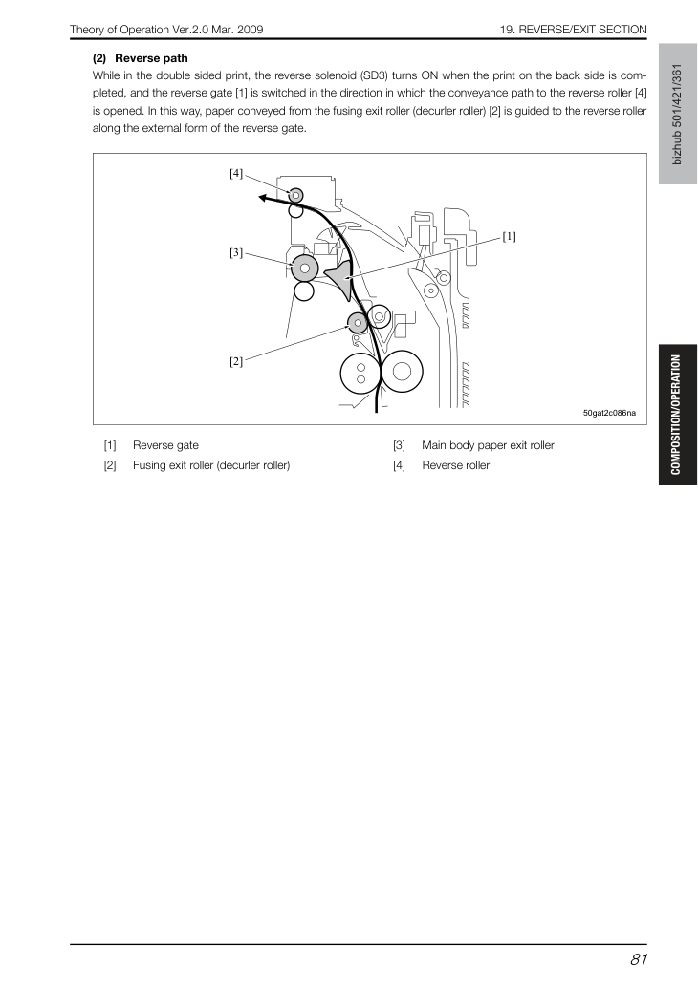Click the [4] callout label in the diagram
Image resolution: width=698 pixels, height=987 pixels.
coord(235,173)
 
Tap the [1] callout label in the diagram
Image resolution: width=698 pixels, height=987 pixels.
coord(509,237)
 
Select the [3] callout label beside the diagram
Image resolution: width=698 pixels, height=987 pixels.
coord(235,253)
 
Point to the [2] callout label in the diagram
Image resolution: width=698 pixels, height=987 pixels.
coord(235,361)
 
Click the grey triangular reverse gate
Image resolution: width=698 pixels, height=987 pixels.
coord(342,278)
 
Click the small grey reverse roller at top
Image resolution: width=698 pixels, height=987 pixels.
coord(295,195)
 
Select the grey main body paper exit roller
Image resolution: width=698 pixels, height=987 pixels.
coord(304,268)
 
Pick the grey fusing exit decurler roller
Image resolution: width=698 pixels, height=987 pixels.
coord(358,324)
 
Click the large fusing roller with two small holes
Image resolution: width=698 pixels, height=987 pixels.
coord(360,373)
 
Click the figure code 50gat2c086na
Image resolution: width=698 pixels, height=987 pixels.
coord(609,413)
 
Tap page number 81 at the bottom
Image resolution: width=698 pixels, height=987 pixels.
coord(638,959)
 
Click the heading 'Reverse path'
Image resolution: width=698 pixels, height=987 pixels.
coord(151,58)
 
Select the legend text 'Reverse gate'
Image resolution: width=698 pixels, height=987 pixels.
coord(165,445)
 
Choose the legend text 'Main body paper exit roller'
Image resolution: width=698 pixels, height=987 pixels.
coord(489,445)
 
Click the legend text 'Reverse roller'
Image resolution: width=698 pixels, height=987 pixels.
coord(455,466)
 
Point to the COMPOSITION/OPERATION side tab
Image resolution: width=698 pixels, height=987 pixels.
coord(678,415)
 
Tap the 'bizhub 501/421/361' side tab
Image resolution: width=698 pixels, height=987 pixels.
coord(678,114)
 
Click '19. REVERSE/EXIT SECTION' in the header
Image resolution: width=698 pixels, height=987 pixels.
coord(574,30)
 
